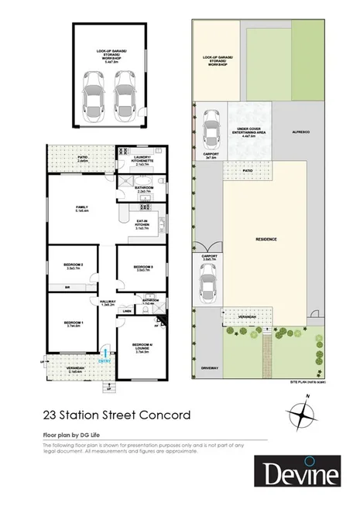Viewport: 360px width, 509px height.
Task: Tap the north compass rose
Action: [307, 414]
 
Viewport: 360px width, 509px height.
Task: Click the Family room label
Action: [81, 209]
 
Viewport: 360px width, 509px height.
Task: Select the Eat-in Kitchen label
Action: [140, 225]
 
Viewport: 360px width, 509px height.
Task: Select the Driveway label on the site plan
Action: [210, 368]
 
